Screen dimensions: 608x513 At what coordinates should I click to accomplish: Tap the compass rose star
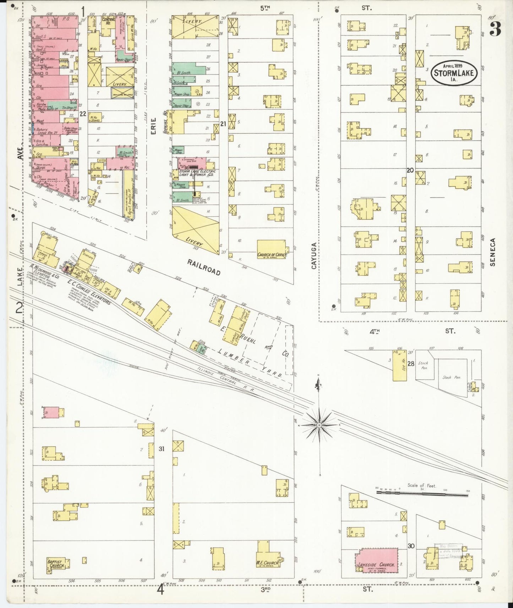pyautogui.click(x=319, y=425)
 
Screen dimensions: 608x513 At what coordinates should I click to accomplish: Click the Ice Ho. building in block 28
pyautogui.click(x=397, y=366)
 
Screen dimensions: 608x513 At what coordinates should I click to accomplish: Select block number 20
pyautogui.click(x=410, y=170)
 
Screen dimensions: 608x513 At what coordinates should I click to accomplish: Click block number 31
pyautogui.click(x=162, y=449)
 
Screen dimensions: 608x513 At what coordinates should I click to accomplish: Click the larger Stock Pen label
pyautogui.click(x=452, y=377)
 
